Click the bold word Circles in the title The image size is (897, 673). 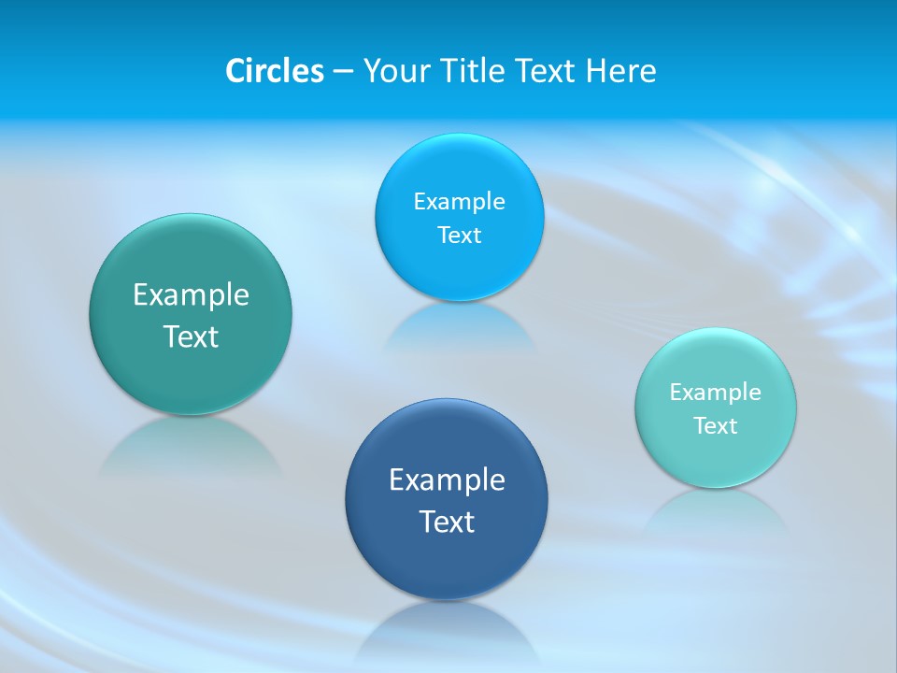[x=274, y=71]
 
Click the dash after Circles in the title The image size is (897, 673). [x=343, y=72]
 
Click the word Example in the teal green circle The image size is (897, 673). [x=191, y=295]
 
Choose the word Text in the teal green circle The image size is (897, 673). [x=191, y=336]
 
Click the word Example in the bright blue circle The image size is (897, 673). [x=459, y=202]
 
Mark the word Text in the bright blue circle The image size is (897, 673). [x=459, y=236]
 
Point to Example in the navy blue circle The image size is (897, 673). [x=447, y=480]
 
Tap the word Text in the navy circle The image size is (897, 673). [x=447, y=522]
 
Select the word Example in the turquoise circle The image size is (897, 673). [x=716, y=393]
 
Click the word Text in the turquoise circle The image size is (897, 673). [x=716, y=426]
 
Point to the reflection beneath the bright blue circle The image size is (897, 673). [x=459, y=327]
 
